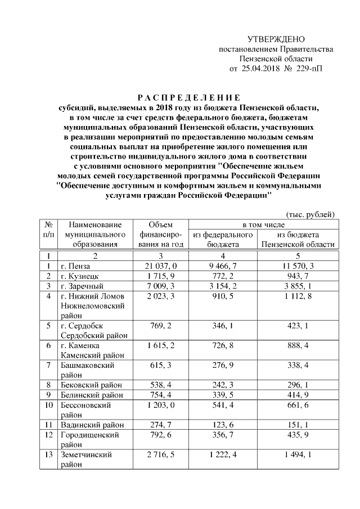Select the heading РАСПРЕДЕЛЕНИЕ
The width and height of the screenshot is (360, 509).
(190, 97)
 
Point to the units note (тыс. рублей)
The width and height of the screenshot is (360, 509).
(310, 214)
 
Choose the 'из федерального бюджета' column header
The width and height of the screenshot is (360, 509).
(222, 239)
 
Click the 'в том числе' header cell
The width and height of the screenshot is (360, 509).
(264, 224)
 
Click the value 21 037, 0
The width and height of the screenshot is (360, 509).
(161, 265)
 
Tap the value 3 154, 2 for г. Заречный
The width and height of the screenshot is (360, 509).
(222, 286)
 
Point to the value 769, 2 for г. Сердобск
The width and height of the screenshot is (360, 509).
(161, 326)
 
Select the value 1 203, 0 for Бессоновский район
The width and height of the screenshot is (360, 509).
(161, 405)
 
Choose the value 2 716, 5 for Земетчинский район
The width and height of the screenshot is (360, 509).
(161, 454)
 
